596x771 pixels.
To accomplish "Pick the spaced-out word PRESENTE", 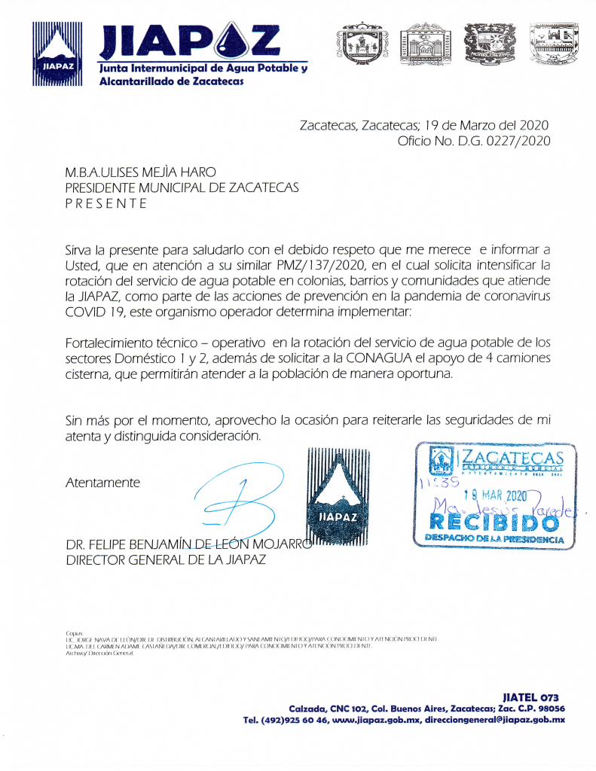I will (x=106, y=203).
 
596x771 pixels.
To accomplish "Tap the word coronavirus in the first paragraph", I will (x=513, y=297).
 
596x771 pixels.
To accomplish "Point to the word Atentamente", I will (x=102, y=483).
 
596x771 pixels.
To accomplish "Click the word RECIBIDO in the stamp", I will (x=494, y=521).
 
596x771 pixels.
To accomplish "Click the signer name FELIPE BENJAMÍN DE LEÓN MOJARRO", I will (x=188, y=544).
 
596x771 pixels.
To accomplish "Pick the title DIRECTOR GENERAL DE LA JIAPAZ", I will (x=165, y=559).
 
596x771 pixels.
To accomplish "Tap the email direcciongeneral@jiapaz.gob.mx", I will (x=494, y=721).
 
